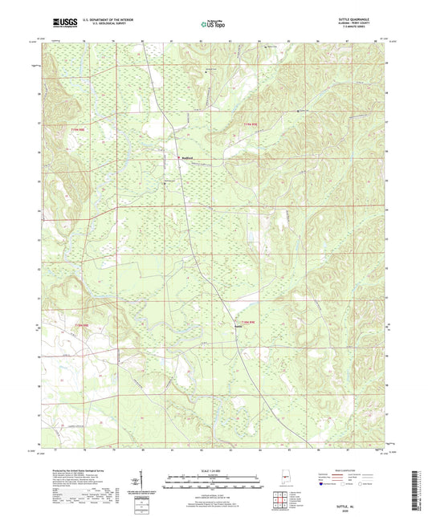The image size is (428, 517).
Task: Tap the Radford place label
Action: click(x=187, y=157)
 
